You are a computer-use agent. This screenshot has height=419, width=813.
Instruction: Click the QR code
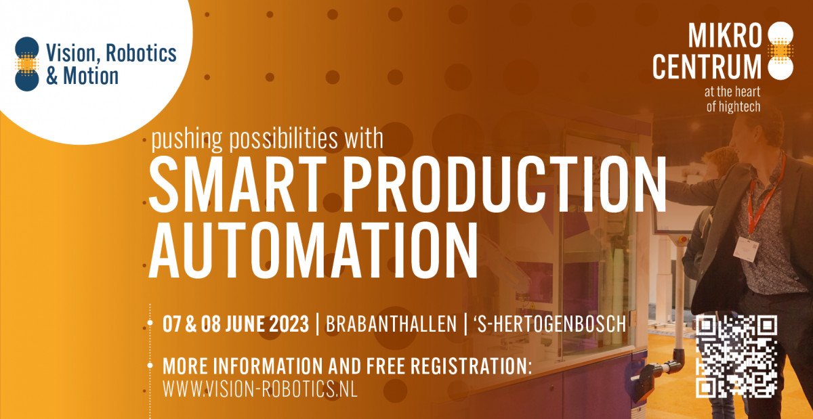coord(736,357)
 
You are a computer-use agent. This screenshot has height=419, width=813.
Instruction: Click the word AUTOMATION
coord(313,250)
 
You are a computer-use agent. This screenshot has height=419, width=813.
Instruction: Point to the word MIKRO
coord(725,35)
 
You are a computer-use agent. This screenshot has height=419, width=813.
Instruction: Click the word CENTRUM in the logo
coord(707,66)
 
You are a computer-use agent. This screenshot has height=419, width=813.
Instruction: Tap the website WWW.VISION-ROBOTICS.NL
coord(260,389)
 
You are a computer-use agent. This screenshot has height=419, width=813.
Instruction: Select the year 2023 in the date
coord(289,324)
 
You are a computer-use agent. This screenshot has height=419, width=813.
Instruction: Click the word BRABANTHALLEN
coord(392,324)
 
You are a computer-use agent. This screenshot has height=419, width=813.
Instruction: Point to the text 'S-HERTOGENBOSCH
coord(550,324)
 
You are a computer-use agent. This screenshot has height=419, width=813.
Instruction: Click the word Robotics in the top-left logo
coord(141,53)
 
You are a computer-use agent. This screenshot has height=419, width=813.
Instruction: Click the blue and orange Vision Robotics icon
coord(27,64)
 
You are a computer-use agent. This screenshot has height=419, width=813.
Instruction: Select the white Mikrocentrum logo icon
coord(780,51)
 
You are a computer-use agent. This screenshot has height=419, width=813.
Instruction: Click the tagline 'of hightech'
coord(733,107)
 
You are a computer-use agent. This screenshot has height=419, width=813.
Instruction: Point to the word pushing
coord(186,139)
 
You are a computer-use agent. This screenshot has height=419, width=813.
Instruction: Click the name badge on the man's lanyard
coord(746,249)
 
